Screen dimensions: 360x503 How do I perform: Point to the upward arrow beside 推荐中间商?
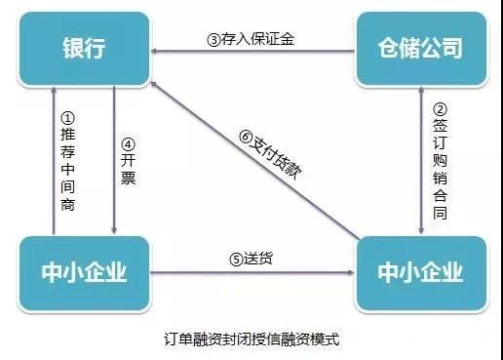point(54,161)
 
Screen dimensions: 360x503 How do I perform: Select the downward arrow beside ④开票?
point(114,161)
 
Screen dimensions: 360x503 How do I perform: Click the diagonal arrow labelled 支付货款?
point(253,161)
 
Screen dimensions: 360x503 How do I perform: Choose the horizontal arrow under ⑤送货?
point(253,274)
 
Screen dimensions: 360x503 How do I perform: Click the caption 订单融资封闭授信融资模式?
point(252,340)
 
